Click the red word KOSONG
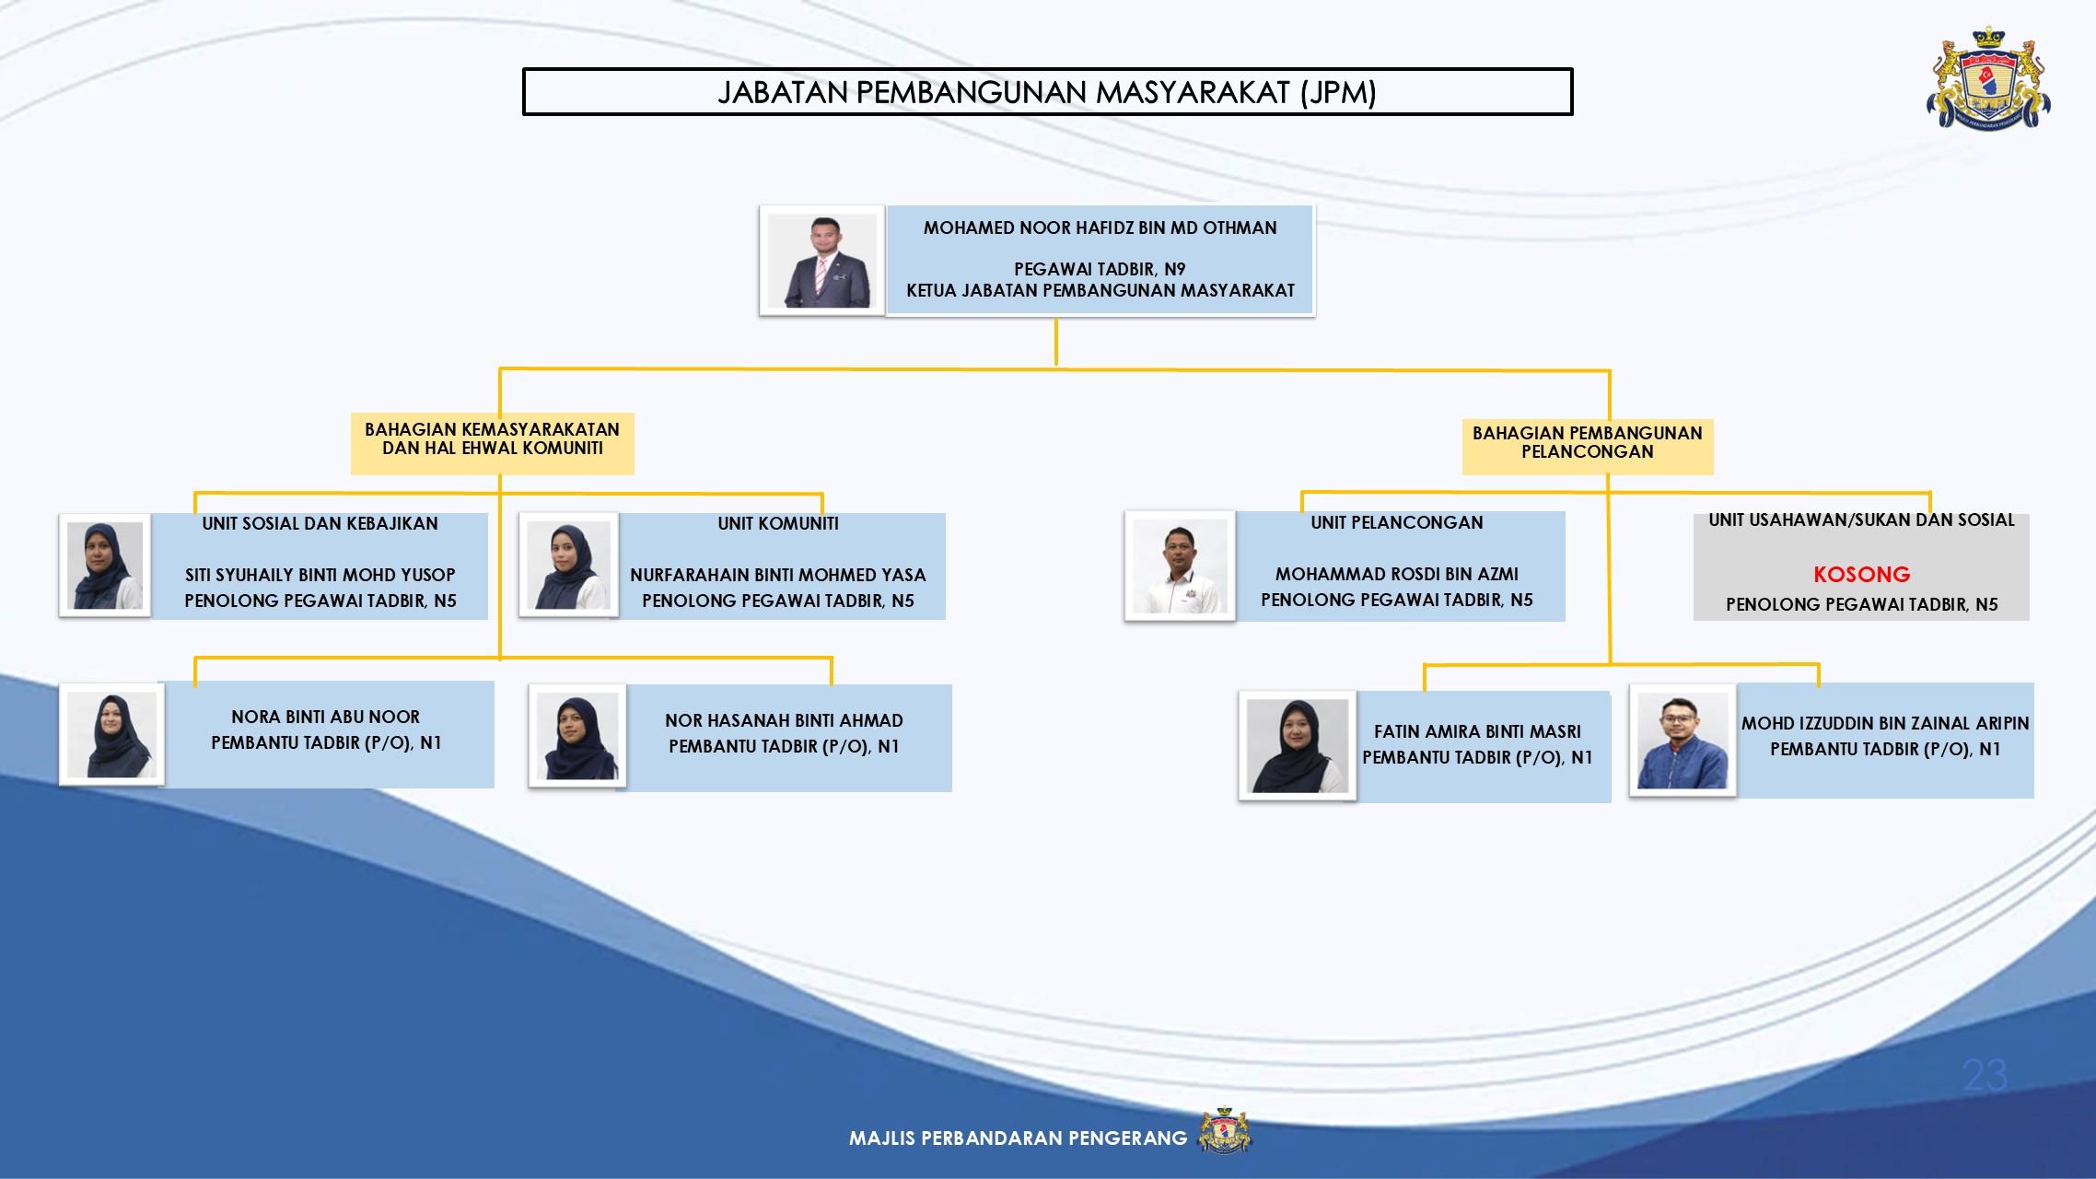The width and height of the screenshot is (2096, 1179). point(1861,575)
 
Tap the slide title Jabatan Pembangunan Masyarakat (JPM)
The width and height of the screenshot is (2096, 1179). point(1047,92)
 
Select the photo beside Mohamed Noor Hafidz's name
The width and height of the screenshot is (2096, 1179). point(821,261)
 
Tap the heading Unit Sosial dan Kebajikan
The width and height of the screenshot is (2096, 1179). point(320,524)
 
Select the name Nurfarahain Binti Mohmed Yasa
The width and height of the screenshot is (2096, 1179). point(777,575)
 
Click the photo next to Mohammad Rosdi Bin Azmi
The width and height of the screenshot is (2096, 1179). point(1180,566)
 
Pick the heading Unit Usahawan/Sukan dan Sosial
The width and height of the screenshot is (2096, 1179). point(1861,520)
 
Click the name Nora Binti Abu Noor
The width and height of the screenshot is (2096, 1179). point(326,717)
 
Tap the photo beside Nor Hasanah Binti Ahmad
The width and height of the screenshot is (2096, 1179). point(577,736)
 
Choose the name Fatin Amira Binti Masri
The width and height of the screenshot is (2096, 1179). point(1477,731)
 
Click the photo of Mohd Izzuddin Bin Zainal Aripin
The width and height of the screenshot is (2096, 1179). point(1683,740)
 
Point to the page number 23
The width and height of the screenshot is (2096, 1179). point(1985,1075)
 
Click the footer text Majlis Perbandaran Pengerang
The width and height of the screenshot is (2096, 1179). point(1018,1138)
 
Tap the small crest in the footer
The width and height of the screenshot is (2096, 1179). point(1224,1130)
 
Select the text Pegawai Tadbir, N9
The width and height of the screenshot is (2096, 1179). point(1100,270)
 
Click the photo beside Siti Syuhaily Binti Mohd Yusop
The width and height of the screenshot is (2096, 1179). point(105,565)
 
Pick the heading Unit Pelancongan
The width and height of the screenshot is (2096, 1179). point(1397,523)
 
